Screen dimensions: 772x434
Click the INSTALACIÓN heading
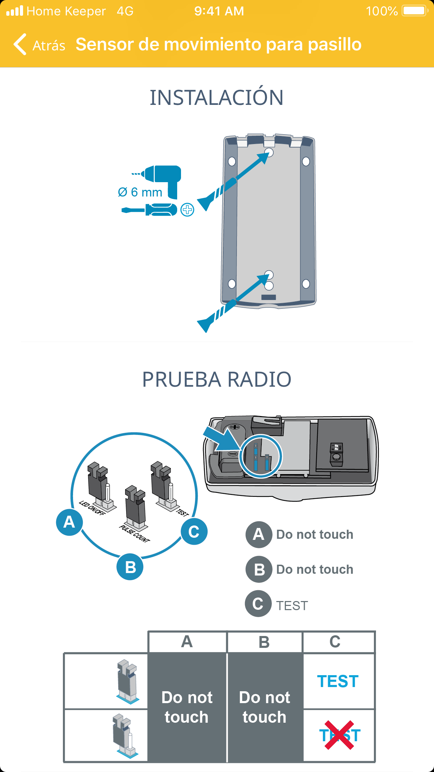217,98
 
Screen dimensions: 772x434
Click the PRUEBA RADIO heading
217,379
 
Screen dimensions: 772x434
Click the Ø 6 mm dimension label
140,192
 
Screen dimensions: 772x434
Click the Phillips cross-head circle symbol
188,210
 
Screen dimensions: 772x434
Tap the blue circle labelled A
69,522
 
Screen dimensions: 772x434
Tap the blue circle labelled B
130,567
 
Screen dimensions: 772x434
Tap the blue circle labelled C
194,532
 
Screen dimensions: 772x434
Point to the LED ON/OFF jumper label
92,508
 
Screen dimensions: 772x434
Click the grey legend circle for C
258,604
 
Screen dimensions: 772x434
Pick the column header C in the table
335,642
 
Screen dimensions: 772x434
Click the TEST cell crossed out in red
339,735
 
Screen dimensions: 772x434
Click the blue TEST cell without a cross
338,681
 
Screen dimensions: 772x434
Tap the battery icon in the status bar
414,11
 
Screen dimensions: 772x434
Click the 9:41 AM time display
219,11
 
